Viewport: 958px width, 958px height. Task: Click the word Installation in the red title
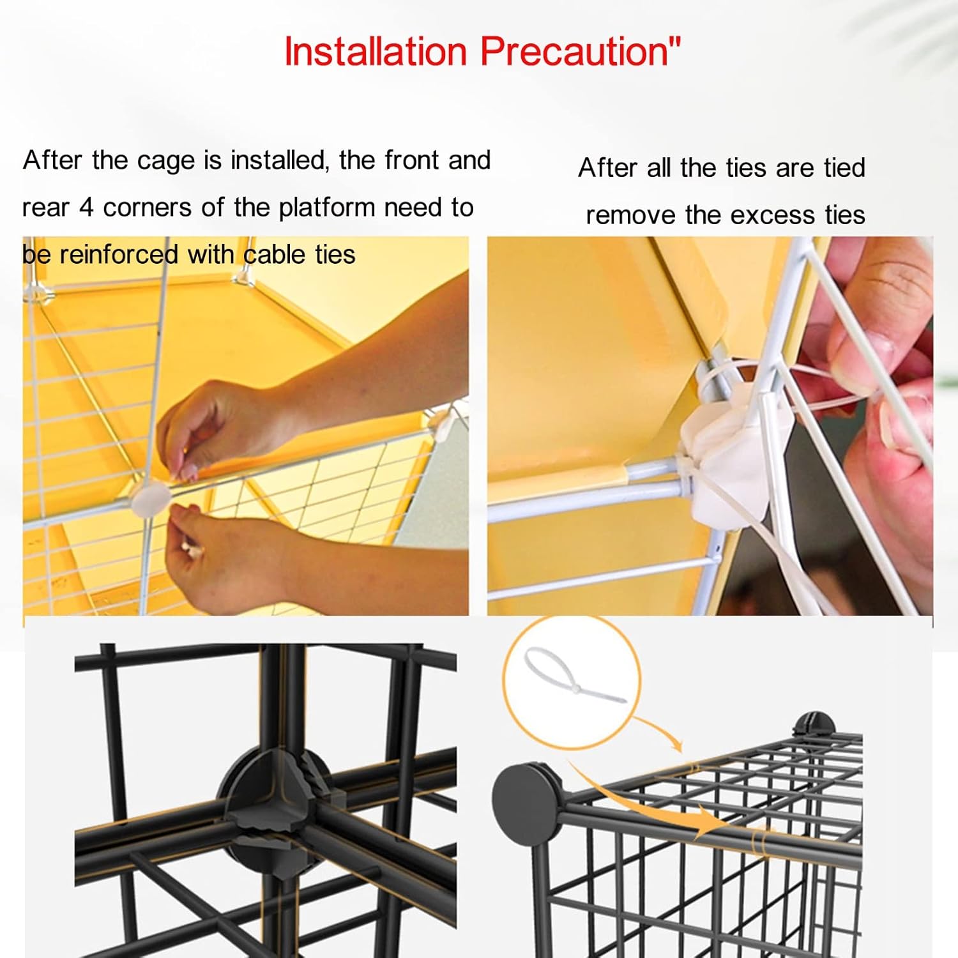coord(376,51)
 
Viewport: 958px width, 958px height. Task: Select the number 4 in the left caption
coord(86,208)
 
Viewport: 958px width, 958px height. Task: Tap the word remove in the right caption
coord(631,215)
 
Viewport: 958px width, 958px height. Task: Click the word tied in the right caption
coord(844,168)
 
